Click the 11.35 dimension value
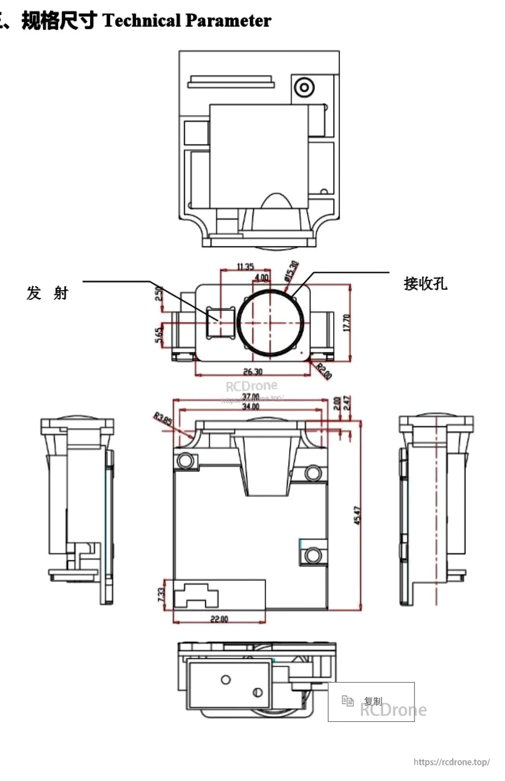pos(245,267)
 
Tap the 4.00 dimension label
pos(262,277)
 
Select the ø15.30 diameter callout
pos(292,271)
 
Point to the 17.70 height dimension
pos(347,323)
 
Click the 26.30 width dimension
pos(253,372)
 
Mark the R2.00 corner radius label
pos(324,371)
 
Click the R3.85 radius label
pos(163,419)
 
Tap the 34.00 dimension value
pos(251,407)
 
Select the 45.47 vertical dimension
pos(358,516)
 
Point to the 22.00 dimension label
pos(219,619)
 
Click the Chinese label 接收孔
pos(425,284)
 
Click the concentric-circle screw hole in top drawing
pos(304,87)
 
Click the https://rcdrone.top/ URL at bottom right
pos(452,762)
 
